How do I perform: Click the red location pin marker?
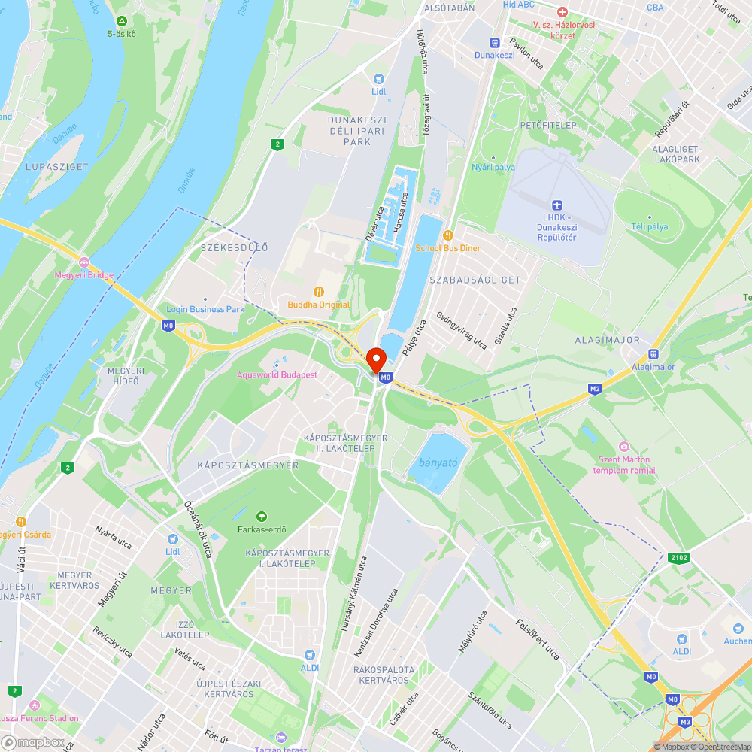(377, 360)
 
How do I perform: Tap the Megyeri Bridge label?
(84, 274)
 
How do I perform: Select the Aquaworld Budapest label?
(277, 374)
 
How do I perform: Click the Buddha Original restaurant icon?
(319, 292)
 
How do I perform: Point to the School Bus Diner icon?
(448, 235)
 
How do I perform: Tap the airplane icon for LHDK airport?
(556, 205)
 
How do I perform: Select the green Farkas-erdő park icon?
(262, 516)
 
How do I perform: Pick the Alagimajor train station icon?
(653, 354)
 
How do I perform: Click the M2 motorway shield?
(595, 388)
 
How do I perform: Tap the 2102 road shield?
(677, 557)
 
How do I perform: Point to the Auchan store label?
(737, 641)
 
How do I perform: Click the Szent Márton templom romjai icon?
(623, 447)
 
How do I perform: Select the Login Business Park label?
(205, 309)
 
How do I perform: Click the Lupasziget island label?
(57, 167)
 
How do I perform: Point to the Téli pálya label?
(649, 226)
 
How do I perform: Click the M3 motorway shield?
(685, 722)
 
